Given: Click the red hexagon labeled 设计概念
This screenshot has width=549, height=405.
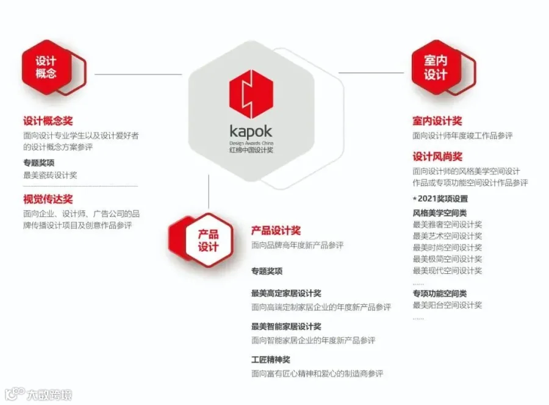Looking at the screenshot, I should click(46, 67).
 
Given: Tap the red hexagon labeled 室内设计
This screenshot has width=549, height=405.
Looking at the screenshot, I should click(436, 67).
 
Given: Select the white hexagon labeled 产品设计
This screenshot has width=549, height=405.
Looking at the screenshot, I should click(208, 241).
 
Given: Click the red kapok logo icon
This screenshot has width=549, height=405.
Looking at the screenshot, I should click(251, 95).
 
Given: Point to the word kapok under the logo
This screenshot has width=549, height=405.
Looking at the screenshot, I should click(251, 131).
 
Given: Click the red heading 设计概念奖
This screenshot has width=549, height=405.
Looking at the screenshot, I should click(48, 121).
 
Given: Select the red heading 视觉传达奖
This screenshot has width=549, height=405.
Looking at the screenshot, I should click(48, 199).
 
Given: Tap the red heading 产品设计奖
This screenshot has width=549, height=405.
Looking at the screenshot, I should click(276, 231).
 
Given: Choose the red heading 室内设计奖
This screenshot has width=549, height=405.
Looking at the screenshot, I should click(437, 121).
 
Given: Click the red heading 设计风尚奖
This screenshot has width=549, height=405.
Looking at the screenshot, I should click(437, 157).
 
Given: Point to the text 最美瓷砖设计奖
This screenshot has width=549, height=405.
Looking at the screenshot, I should click(50, 175).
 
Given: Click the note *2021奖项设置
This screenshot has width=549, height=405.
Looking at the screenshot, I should click(440, 198).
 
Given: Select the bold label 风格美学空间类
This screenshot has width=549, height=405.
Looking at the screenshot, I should click(440, 213).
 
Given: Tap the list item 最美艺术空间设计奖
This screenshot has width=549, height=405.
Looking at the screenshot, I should click(447, 236).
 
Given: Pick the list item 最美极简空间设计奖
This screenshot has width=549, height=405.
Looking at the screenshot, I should click(447, 259).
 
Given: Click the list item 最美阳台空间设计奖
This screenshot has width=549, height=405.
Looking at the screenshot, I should click(447, 305).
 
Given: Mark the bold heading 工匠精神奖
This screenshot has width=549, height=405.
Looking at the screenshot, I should click(270, 360).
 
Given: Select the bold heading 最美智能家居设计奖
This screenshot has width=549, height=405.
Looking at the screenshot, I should click(286, 326).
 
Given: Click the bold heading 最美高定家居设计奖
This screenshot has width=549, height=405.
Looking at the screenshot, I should click(286, 293).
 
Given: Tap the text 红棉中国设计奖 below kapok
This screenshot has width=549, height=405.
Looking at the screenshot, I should click(251, 149).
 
